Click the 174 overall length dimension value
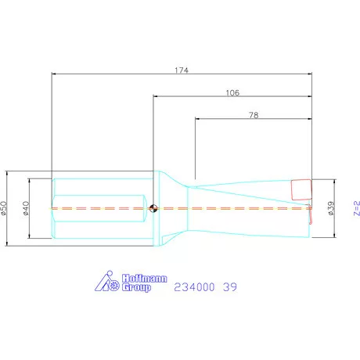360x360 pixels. click(x=182, y=70)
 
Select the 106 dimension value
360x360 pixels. click(x=232, y=93)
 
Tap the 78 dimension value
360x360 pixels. click(x=254, y=115)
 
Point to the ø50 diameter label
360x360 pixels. click(x=4, y=208)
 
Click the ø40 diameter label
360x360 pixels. click(x=26, y=208)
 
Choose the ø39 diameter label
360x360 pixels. click(x=331, y=208)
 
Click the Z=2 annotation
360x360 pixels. click(x=357, y=208)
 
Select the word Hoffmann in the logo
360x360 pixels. click(x=144, y=279)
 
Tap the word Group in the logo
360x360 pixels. click(x=136, y=287)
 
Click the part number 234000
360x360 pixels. click(x=194, y=287)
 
